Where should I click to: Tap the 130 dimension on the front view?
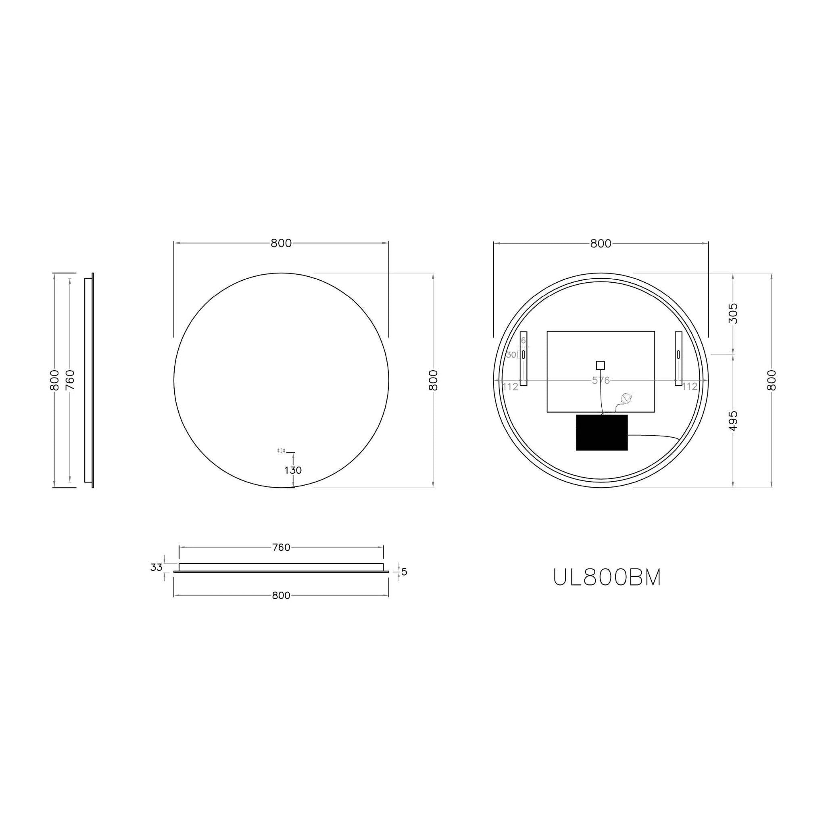click(293, 470)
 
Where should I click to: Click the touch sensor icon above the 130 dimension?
click(281, 450)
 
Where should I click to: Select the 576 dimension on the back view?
click(600, 380)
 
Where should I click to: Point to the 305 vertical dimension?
click(733, 313)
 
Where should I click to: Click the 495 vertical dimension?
click(733, 421)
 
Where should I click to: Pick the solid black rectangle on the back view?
click(601, 432)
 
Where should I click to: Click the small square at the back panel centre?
click(600, 365)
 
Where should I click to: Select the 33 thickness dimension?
click(156, 567)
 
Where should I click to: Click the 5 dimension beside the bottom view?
click(404, 572)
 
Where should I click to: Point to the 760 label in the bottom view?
click(281, 547)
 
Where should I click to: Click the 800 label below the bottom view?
click(281, 596)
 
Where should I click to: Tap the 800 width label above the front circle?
click(281, 243)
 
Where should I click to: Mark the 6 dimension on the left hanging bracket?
click(523, 341)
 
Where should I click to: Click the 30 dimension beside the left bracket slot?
click(511, 355)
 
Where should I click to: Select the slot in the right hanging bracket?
click(678, 354)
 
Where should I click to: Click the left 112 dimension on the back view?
click(510, 387)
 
